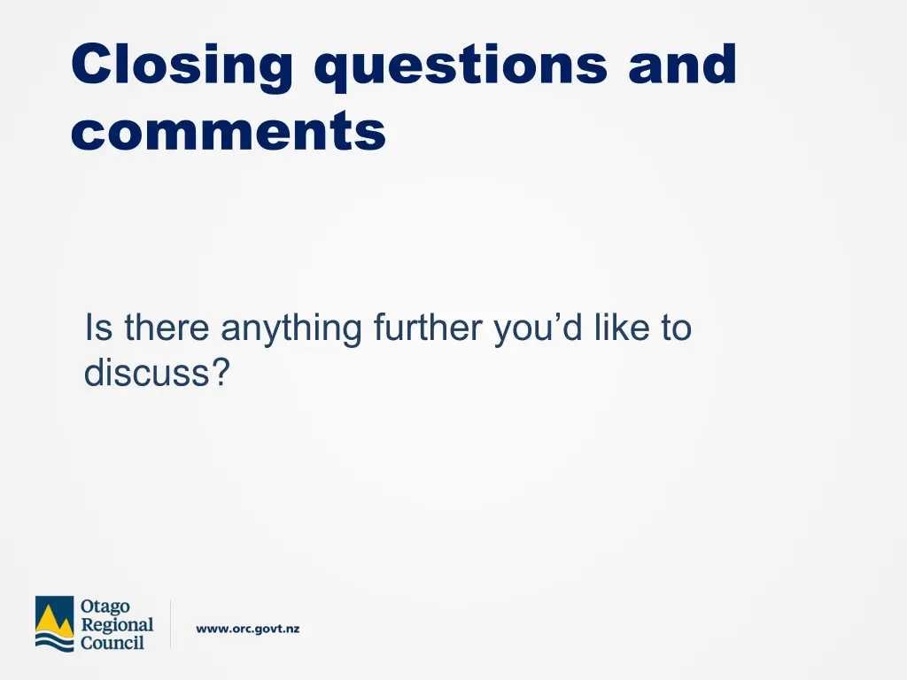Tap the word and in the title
click(682, 66)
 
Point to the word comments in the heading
click(229, 133)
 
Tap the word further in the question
click(427, 328)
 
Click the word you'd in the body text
click(538, 328)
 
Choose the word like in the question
click(619, 328)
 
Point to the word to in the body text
click(674, 328)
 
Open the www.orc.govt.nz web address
click(248, 630)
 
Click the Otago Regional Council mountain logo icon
click(54, 624)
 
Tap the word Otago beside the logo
click(105, 607)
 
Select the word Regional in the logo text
click(117, 625)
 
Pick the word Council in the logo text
click(112, 643)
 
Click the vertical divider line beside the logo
click(170, 624)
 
